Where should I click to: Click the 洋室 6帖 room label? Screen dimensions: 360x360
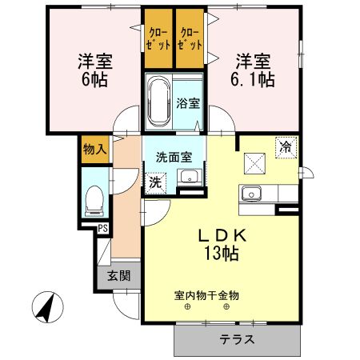click(93, 70)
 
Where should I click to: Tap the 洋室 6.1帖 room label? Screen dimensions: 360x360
click(254, 70)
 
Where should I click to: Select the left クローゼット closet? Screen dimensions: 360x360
click(158, 39)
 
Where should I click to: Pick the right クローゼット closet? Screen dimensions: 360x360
click(190, 39)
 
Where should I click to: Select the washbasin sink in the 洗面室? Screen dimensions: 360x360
click(190, 178)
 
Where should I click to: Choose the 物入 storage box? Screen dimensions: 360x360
click(93, 150)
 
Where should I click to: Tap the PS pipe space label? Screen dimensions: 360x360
click(103, 229)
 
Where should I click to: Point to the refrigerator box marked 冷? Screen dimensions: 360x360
click(284, 146)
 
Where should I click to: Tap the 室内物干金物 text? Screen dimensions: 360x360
click(206, 295)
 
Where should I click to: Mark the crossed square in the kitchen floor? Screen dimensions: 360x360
click(256, 162)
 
